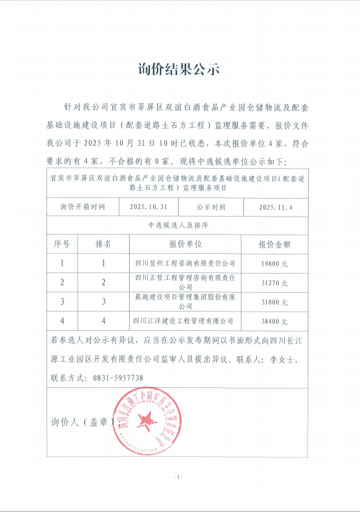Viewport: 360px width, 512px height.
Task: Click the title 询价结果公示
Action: click(x=179, y=69)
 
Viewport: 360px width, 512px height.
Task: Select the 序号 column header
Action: click(x=62, y=244)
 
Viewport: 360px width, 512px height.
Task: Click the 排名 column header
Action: click(x=104, y=244)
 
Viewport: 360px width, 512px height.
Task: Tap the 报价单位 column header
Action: click(x=185, y=244)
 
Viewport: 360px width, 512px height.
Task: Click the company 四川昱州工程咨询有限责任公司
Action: click(x=185, y=263)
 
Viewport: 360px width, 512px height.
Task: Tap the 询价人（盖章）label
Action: click(x=81, y=422)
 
